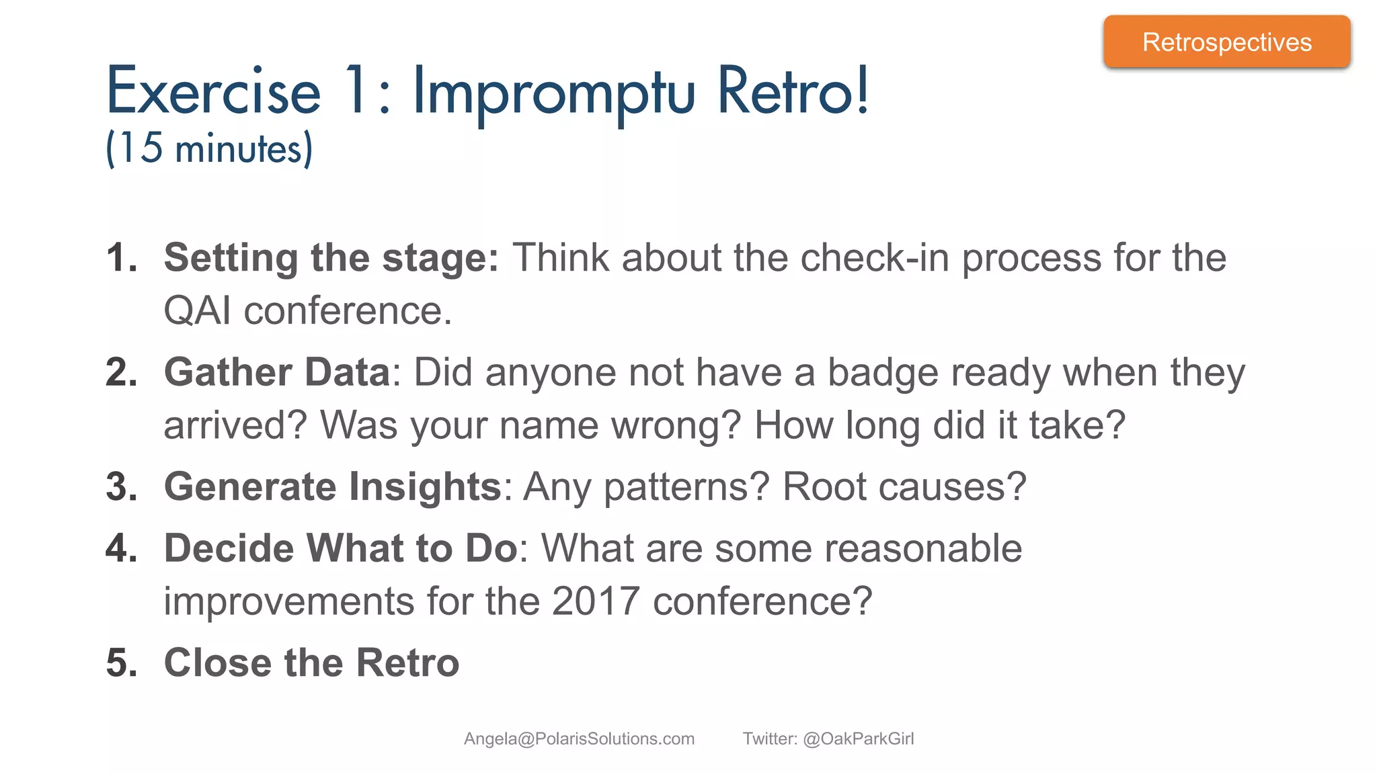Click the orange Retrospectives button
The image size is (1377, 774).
pyautogui.click(x=1226, y=42)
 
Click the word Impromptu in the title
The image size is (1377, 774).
pyautogui.click(x=553, y=93)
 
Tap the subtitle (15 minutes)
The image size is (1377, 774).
pyautogui.click(x=209, y=148)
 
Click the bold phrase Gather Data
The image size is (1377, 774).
pyautogui.click(x=277, y=372)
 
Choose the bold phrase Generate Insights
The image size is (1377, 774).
pyautogui.click(x=333, y=486)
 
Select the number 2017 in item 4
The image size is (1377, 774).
pyautogui.click(x=595, y=601)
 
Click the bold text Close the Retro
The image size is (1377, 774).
pyautogui.click(x=311, y=662)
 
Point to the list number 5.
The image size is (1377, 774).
pyautogui.click(x=121, y=662)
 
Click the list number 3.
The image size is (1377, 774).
pyautogui.click(x=121, y=486)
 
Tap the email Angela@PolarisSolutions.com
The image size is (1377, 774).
pyautogui.click(x=579, y=739)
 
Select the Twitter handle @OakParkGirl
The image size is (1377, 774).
pyautogui.click(x=858, y=739)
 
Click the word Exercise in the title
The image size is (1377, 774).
pyautogui.click(x=213, y=91)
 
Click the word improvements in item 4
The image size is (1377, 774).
pyautogui.click(x=288, y=601)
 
